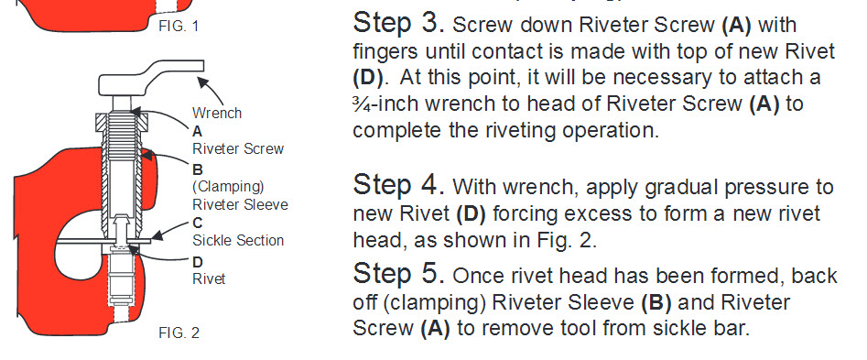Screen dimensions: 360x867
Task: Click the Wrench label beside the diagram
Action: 217,114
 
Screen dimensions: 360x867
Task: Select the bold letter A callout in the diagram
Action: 197,131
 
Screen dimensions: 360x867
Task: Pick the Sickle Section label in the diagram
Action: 238,240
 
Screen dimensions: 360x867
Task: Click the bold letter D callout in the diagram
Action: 197,260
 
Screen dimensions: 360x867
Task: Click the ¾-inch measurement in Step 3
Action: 394,104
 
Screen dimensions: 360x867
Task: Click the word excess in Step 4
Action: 580,213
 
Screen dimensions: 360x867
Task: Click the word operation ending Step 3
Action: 606,130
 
